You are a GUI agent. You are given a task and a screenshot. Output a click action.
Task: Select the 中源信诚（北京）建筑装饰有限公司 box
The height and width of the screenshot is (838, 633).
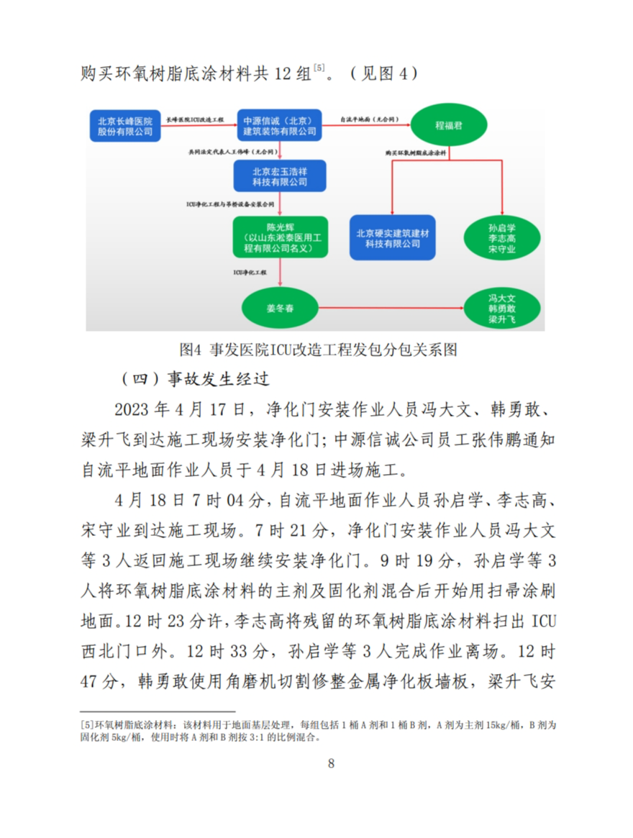click(x=280, y=125)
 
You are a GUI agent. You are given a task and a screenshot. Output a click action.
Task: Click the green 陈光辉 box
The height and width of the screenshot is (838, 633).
click(x=280, y=237)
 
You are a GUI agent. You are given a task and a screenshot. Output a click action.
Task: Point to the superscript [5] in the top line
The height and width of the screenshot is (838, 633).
click(x=318, y=68)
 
